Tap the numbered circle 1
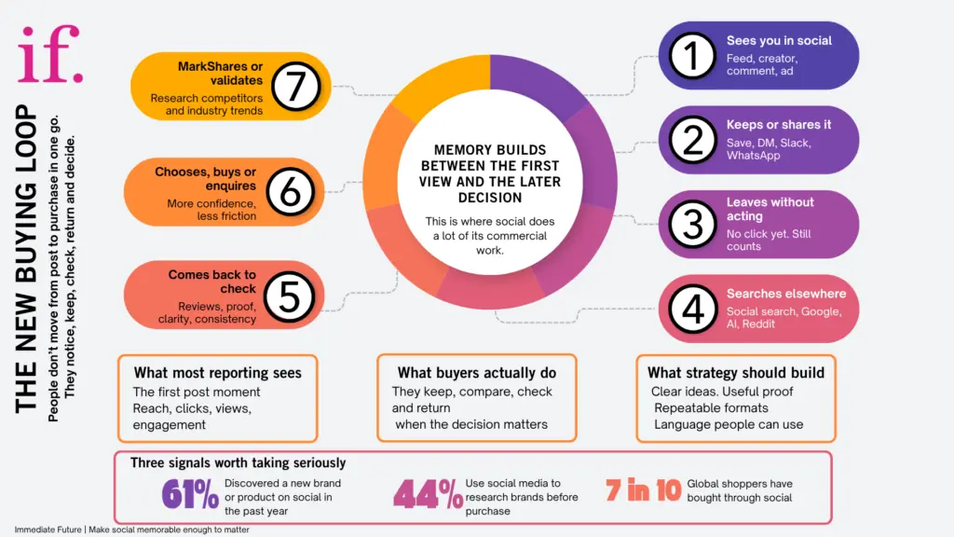pyautogui.click(x=691, y=56)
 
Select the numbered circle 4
pyautogui.click(x=693, y=309)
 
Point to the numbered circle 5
pyautogui.click(x=289, y=297)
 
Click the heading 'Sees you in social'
pyautogui.click(x=779, y=41)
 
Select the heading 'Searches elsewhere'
pyautogui.click(x=786, y=294)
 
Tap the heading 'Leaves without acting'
pyautogui.click(x=770, y=209)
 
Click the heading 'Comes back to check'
pyautogui.click(x=211, y=282)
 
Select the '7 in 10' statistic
pyautogui.click(x=643, y=490)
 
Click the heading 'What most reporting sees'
pyautogui.click(x=217, y=373)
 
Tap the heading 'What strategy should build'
pyautogui.click(x=735, y=373)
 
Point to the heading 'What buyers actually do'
pyautogui.click(x=476, y=373)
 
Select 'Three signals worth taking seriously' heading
pyautogui.click(x=238, y=462)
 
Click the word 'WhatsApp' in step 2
pyautogui.click(x=754, y=156)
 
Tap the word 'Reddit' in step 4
pyautogui.click(x=763, y=324)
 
